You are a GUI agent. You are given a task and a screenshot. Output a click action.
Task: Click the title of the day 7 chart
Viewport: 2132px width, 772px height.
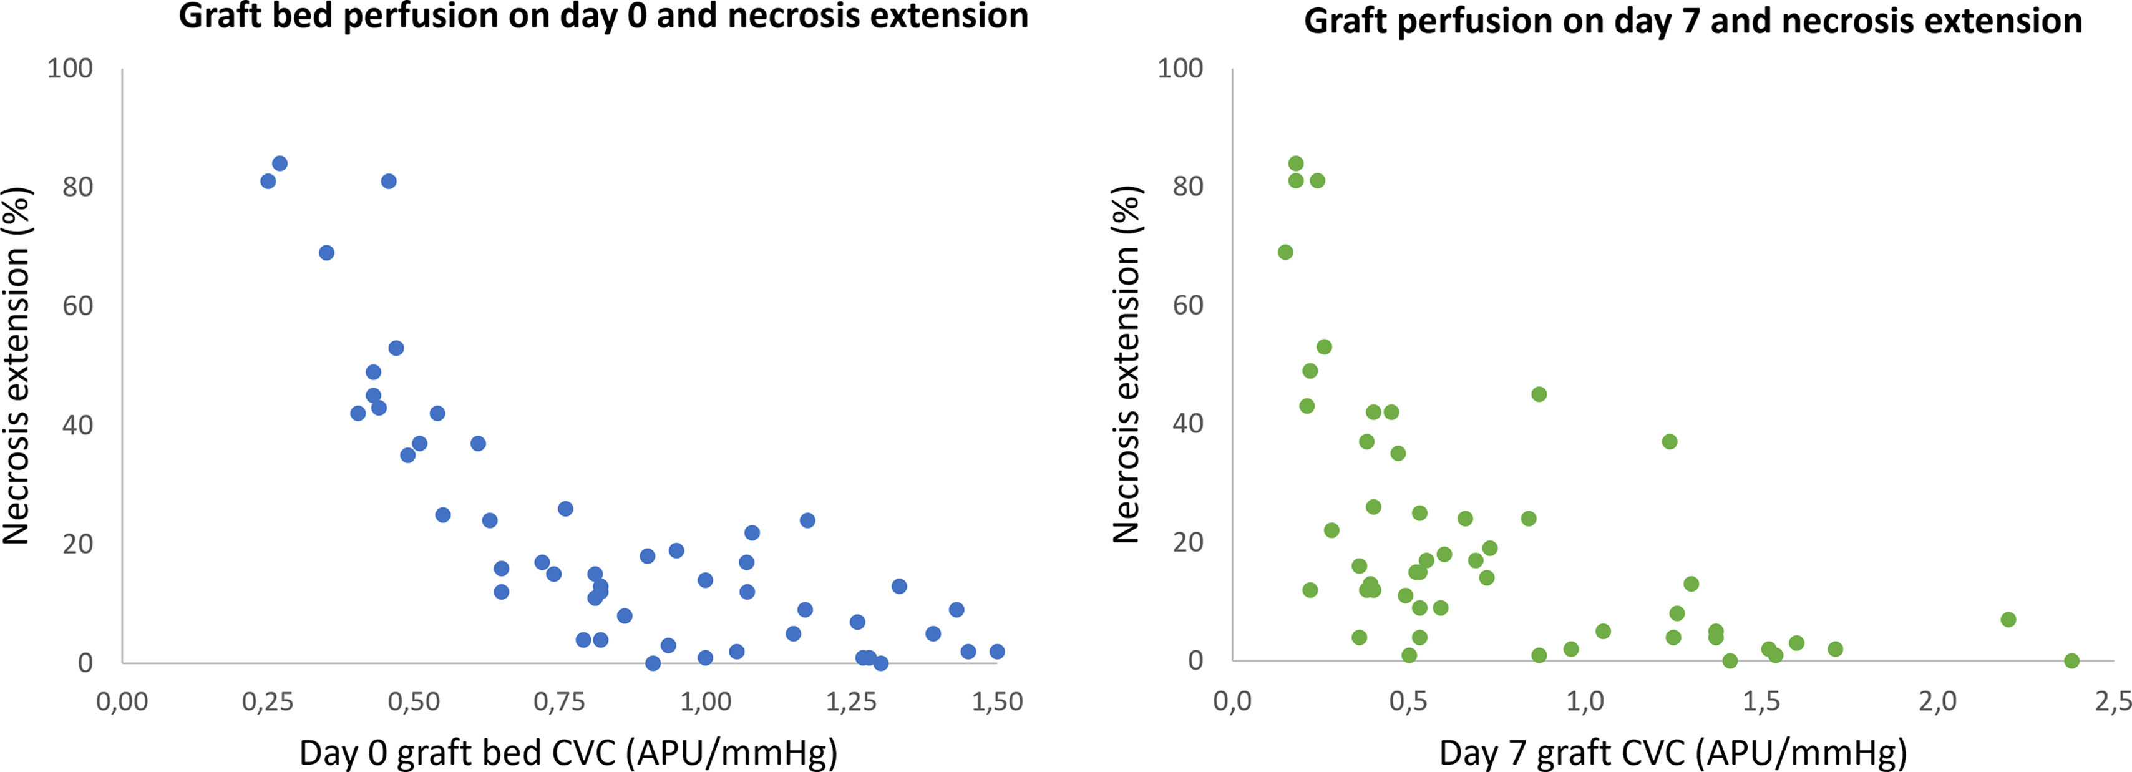pos(1693,21)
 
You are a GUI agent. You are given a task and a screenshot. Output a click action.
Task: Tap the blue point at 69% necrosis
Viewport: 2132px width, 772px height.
pos(327,252)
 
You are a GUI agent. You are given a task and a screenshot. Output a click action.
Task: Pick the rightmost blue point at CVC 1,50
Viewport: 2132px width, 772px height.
pos(996,651)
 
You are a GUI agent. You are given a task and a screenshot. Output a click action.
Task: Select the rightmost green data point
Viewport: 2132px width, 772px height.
pos(2071,660)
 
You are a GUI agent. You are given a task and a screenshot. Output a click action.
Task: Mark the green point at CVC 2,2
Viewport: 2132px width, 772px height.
pos(2008,619)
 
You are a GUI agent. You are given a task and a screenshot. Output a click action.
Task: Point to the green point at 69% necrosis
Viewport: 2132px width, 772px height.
pos(1285,252)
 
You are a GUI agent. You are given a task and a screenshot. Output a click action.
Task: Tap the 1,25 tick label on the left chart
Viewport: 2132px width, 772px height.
pos(851,701)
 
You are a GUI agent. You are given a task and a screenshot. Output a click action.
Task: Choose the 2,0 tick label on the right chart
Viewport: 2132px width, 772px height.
pos(1937,701)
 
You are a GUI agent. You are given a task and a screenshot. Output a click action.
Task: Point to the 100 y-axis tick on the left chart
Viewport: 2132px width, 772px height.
pos(69,68)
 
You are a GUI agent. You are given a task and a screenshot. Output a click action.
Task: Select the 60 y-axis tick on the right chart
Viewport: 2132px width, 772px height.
pos(1187,305)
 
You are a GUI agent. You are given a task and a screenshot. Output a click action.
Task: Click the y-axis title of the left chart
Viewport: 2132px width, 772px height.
pos(17,365)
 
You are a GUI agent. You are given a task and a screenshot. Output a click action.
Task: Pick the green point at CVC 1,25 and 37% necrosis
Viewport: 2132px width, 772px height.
pos(1670,442)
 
